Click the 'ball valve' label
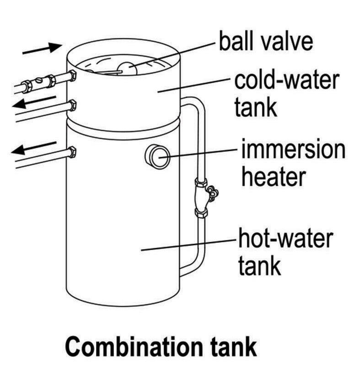(x=266, y=42)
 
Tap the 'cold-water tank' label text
(x=286, y=94)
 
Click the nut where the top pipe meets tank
(x=72, y=76)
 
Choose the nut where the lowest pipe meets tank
(x=72, y=152)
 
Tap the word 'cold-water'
(x=286, y=81)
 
